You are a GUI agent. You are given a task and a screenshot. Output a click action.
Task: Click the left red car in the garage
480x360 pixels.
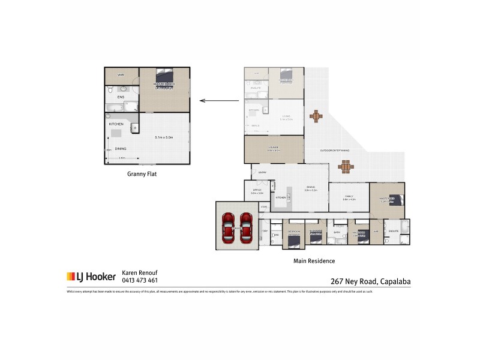[x=229, y=227]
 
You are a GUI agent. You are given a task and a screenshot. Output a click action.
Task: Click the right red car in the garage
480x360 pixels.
[x=246, y=227]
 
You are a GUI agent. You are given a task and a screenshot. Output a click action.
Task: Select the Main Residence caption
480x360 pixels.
[x=314, y=261]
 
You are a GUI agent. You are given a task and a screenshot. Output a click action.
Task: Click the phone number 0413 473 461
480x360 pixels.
[x=140, y=280]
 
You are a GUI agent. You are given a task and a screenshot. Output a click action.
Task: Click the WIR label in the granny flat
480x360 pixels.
[x=121, y=75]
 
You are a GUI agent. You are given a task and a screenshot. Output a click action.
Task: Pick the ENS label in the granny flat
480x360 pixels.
[x=121, y=96]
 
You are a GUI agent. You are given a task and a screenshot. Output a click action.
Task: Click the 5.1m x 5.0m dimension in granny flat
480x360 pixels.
[x=164, y=137]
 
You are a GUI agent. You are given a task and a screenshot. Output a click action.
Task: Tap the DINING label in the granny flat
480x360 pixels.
[x=121, y=148]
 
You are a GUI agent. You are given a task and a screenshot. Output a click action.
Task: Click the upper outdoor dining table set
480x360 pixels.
[x=316, y=115]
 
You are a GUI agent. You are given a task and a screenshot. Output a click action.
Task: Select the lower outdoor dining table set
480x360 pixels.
[x=346, y=166]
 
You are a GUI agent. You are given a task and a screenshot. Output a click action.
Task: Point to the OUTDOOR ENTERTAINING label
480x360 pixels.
[x=335, y=150]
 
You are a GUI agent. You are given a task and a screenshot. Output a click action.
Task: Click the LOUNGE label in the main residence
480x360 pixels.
[x=274, y=148]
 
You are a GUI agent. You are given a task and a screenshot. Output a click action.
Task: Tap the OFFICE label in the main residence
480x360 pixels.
[x=257, y=190]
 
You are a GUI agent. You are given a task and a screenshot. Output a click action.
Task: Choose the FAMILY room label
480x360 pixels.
[x=349, y=196]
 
